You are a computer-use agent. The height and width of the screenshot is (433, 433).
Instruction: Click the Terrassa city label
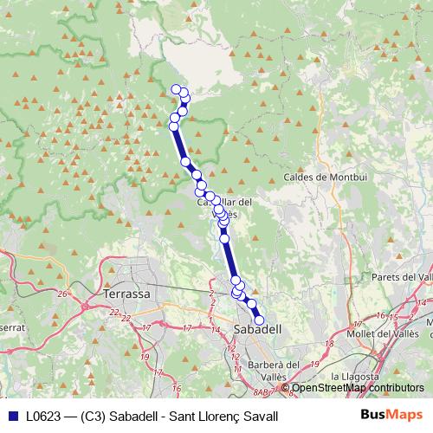pos(126,294)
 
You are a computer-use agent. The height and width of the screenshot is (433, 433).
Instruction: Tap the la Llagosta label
pos(355,378)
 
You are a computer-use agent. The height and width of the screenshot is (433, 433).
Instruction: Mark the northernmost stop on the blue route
pos(177,89)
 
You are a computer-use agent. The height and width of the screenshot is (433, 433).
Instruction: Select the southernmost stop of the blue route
pos(259,320)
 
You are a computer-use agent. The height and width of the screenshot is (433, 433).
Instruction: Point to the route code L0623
pos(42,416)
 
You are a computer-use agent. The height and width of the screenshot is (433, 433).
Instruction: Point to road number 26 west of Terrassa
pos(61,294)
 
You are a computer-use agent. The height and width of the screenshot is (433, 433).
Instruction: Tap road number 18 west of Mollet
pos(328,344)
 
